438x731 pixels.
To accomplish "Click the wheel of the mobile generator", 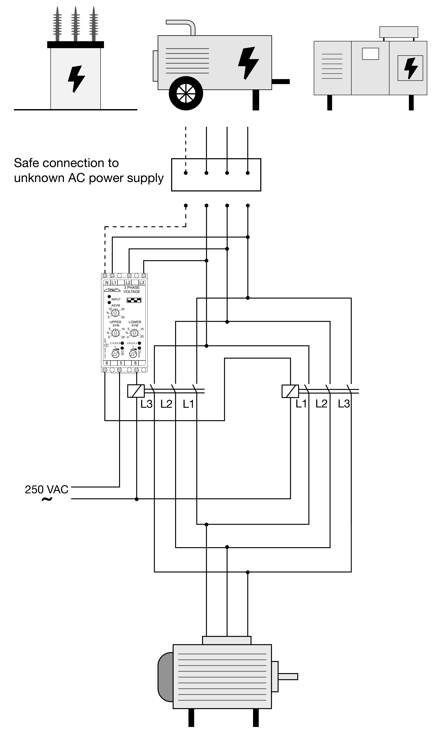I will click(x=186, y=94).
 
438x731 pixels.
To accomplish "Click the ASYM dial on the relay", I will click(x=115, y=313).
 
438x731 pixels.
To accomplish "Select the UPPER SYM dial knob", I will click(x=115, y=333).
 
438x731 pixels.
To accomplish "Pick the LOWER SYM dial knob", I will click(x=134, y=333).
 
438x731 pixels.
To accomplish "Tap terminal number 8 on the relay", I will click(x=135, y=363).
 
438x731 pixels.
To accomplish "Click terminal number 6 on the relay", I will click(x=107, y=363).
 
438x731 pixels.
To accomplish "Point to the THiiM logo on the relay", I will click(x=112, y=290).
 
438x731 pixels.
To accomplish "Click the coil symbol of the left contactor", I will click(x=136, y=391).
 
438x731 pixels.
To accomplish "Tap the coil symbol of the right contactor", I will click(x=290, y=391).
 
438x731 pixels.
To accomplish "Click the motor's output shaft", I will click(x=288, y=676).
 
